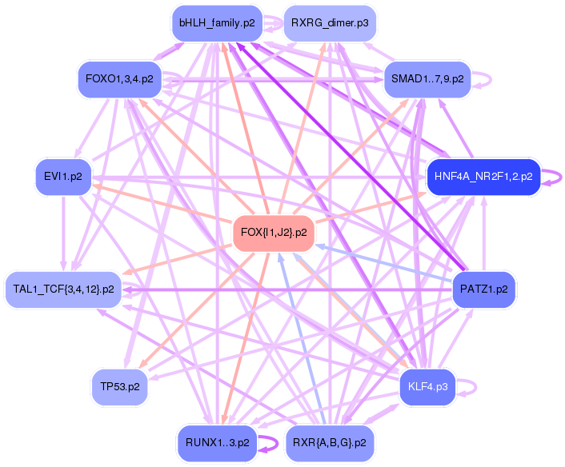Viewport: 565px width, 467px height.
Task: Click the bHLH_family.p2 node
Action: (217, 23)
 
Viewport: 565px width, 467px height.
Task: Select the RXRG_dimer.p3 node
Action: (330, 23)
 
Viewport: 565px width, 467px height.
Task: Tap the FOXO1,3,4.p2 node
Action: (119, 78)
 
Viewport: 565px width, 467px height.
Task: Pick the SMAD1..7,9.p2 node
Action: (426, 78)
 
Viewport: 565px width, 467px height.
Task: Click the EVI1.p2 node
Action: (64, 176)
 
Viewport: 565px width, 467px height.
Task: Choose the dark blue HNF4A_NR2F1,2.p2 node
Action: (483, 176)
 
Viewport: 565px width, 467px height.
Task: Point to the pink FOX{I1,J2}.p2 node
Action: (273, 232)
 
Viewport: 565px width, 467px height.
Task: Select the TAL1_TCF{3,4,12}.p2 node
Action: (63, 288)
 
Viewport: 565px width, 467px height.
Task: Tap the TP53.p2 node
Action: (120, 385)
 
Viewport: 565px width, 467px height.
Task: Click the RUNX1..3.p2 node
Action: (217, 441)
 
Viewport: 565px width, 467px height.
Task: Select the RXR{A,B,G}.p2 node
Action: (330, 441)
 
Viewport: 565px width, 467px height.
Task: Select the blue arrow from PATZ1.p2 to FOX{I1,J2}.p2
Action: (384, 265)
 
